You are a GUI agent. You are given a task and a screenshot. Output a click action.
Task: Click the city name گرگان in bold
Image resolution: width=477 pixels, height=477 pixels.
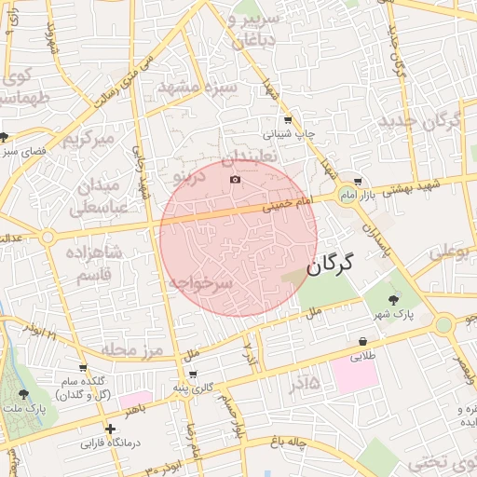click(x=330, y=264)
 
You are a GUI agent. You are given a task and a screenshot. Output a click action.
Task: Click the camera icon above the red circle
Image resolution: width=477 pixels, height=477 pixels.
click(x=235, y=179)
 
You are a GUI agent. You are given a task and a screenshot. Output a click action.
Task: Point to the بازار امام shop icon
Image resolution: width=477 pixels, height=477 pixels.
click(x=358, y=182)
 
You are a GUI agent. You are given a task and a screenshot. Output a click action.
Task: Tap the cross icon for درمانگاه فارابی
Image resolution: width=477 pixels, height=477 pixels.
click(x=111, y=429)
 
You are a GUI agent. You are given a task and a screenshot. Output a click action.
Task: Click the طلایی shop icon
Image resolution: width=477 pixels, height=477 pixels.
click(x=361, y=342)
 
